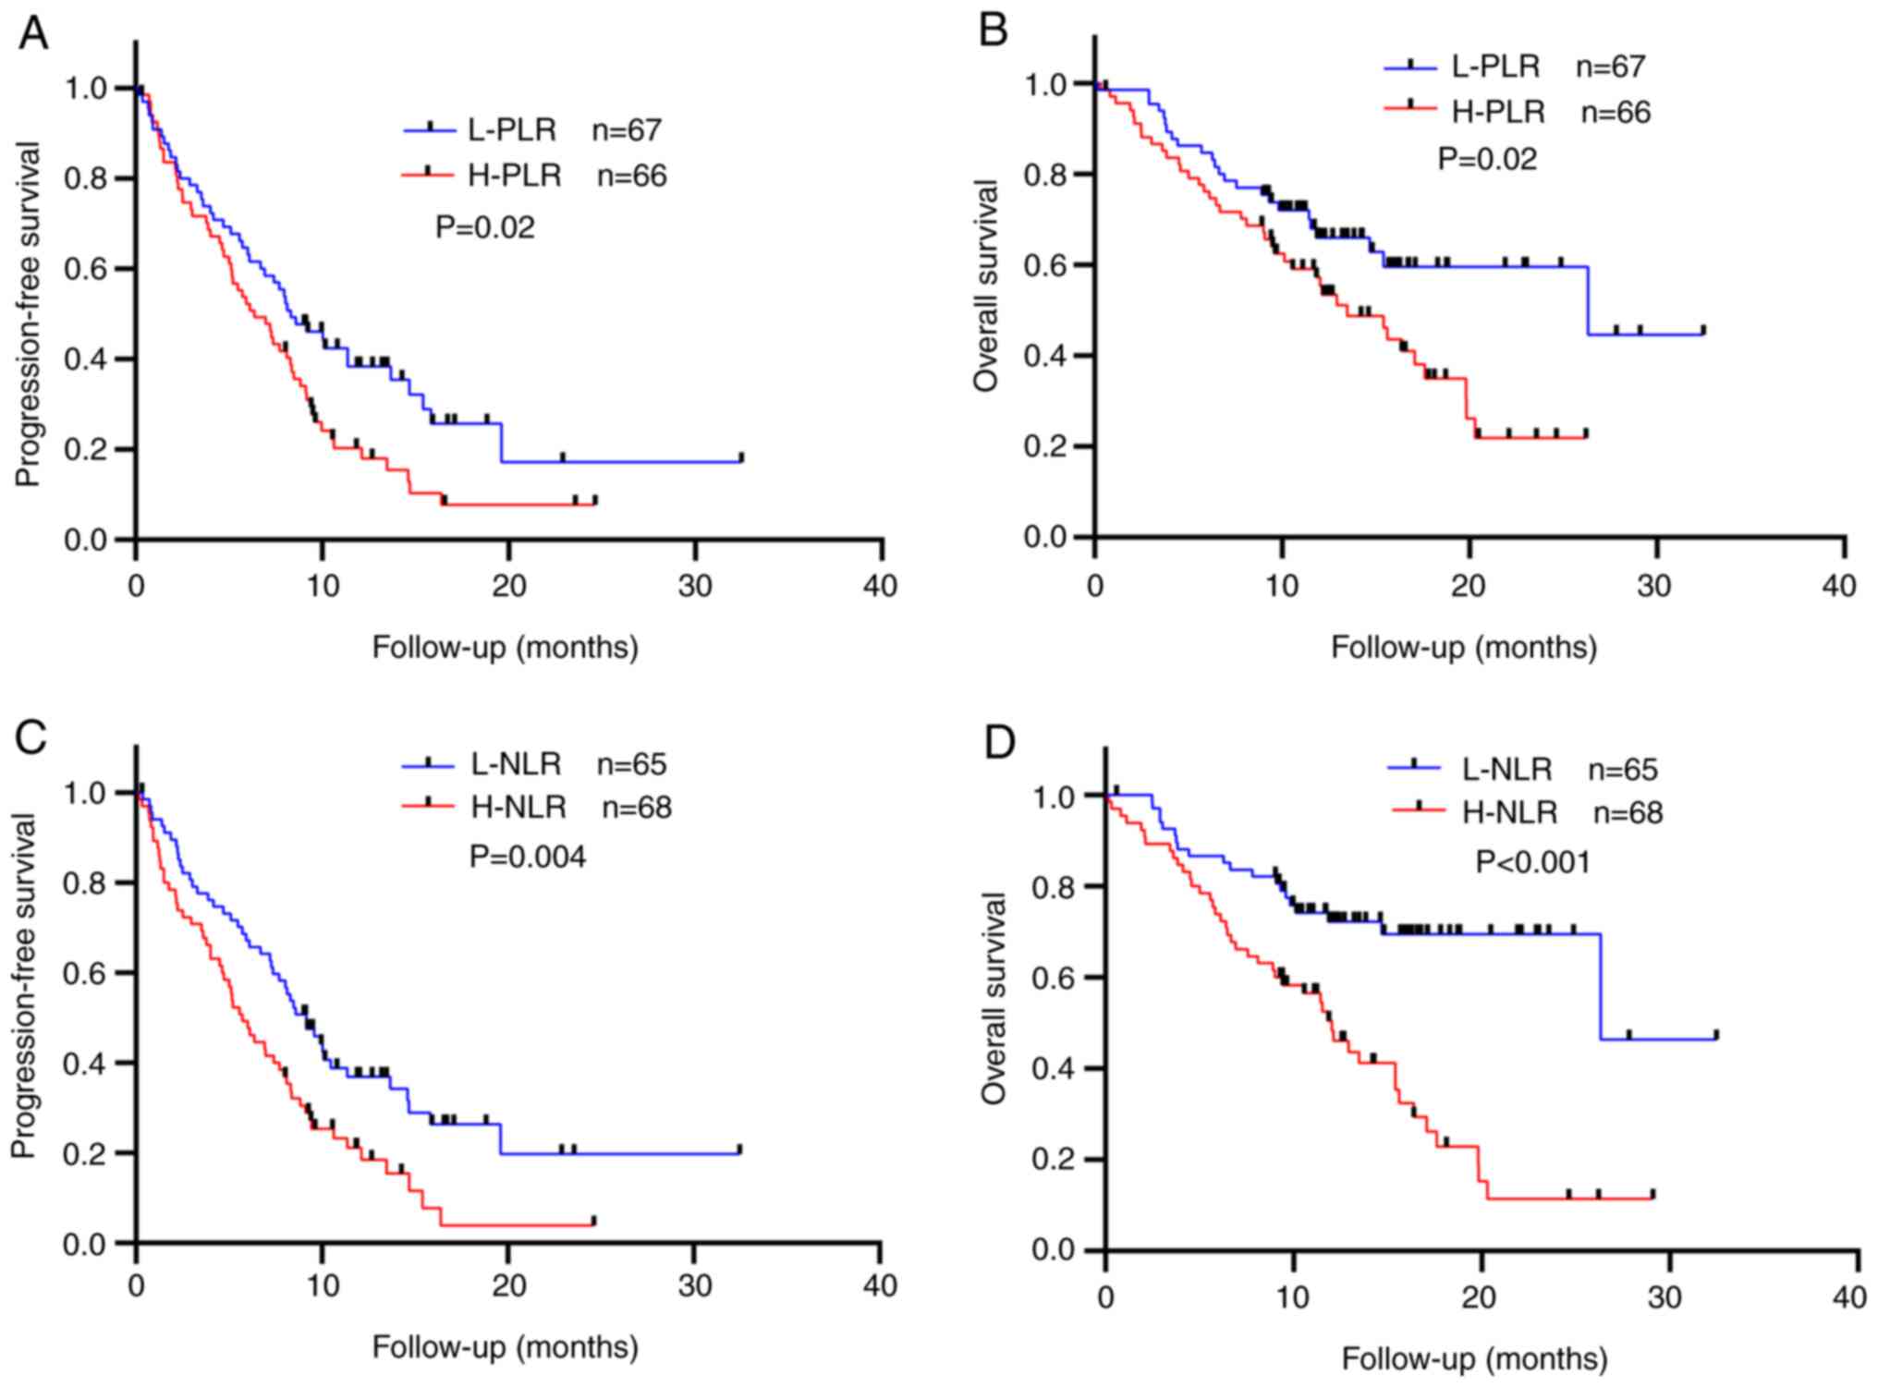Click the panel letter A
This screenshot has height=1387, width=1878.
33,34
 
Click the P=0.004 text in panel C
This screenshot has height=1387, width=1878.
528,857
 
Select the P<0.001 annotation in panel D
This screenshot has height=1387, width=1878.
1533,862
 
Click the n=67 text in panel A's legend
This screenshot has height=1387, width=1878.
628,130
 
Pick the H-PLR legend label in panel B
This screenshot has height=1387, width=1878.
1498,112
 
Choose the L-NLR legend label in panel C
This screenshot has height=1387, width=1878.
516,764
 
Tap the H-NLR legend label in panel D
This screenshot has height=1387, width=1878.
1509,813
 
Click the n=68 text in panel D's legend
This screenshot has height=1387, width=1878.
1628,813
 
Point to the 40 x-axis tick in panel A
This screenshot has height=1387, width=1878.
880,586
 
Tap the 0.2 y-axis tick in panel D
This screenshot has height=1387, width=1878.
1054,1160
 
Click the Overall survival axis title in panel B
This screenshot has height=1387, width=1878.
987,286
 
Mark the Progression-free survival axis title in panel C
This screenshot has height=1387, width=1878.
24,986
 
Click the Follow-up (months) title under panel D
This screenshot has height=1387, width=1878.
1475,1359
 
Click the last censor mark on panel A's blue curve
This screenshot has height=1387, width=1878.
741,457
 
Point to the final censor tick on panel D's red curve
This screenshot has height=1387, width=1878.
1652,1193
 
